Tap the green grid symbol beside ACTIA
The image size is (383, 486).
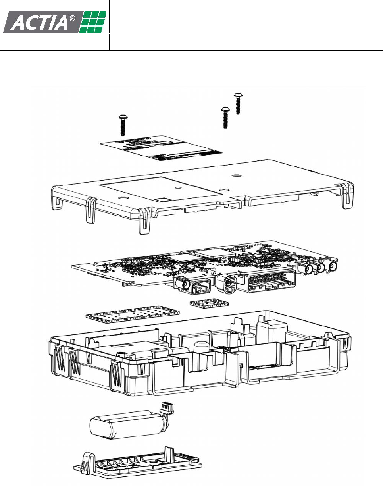point(93,22)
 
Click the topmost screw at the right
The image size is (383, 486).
point(238,104)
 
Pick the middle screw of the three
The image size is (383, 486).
point(225,118)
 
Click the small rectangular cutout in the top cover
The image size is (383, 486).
point(161,197)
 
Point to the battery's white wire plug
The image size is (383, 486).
point(166,407)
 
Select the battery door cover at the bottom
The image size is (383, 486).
point(137,465)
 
